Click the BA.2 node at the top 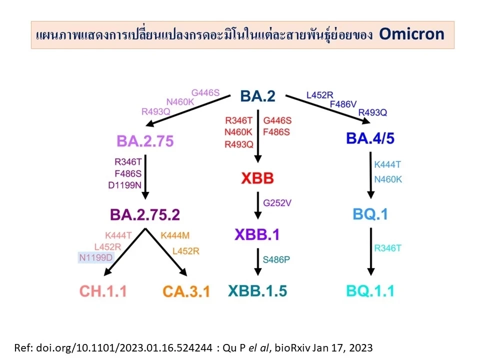[x=257, y=95]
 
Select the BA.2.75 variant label [x=145, y=141]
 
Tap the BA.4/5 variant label [x=370, y=138]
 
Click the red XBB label [x=257, y=178]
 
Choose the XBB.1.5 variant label [x=257, y=290]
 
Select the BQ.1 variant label [x=370, y=214]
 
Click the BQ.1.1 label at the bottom [x=370, y=290]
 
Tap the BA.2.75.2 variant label [x=145, y=214]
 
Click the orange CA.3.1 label [x=186, y=290]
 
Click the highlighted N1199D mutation [x=96, y=257]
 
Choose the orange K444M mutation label [x=175, y=235]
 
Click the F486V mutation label [x=343, y=104]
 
